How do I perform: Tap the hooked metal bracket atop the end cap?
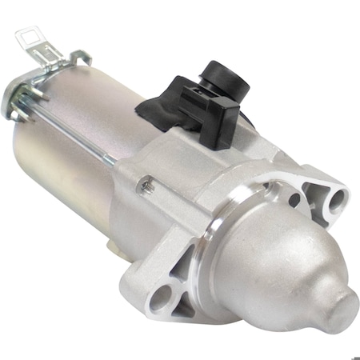point(80,58)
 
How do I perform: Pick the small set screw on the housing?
point(147,186)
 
